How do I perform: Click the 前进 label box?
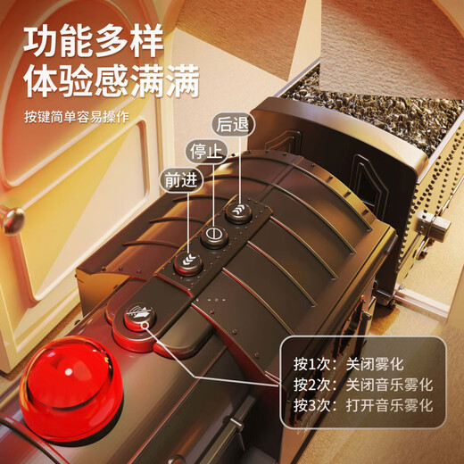point(176,178)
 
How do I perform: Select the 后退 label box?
point(231,122)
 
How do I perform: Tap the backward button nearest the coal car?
point(238,211)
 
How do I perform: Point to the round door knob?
point(10,217)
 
